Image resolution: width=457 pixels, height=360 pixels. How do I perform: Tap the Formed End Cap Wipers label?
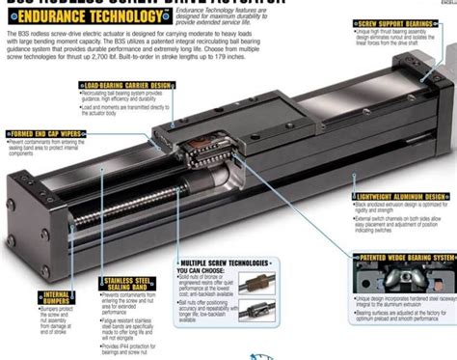43,132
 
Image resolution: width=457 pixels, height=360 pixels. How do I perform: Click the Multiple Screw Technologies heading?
229,263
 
